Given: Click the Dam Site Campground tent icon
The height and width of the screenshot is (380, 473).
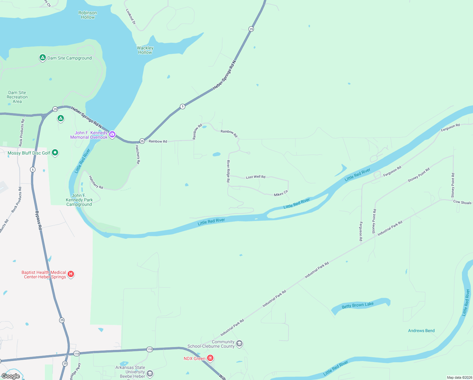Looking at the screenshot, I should pos(42,58).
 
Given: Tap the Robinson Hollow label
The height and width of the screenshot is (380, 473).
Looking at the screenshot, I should pos(88,15).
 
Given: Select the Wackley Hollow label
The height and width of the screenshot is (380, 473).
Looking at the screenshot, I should pos(145,50).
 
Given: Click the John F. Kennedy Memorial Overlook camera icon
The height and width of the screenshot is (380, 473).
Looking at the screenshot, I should pos(112,135).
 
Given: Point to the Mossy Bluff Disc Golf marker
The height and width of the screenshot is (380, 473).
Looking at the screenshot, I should pos(55,153).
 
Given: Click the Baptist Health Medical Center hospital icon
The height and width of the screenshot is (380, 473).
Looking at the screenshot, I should pos(71,274).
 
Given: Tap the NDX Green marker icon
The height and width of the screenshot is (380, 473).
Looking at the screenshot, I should pos(210,358).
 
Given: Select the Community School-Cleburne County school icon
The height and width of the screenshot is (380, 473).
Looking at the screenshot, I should pos(239,344).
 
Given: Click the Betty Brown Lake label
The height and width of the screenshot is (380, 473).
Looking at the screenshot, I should pos(358,305).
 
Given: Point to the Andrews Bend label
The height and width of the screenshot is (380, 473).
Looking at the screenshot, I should pos(421,331).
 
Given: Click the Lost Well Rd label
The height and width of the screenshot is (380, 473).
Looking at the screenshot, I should pos(255,177).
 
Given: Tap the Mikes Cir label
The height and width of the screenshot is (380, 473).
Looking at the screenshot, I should pos(281,193).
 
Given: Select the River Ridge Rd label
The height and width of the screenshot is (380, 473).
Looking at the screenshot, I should pos(228,171).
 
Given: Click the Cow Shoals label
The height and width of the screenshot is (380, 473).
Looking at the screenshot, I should pos(462,202).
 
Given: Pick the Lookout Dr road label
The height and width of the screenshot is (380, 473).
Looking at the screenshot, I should pos(131,16).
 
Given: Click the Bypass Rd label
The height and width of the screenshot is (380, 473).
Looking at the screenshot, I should pos(39,220).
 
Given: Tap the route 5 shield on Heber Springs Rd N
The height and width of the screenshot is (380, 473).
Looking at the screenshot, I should pos(182,106).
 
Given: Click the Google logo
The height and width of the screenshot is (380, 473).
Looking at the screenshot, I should pos(11,376).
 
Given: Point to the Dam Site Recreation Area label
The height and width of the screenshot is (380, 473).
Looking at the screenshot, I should pos(17,97).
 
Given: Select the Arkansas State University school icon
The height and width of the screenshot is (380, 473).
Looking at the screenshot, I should pos(150,374).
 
